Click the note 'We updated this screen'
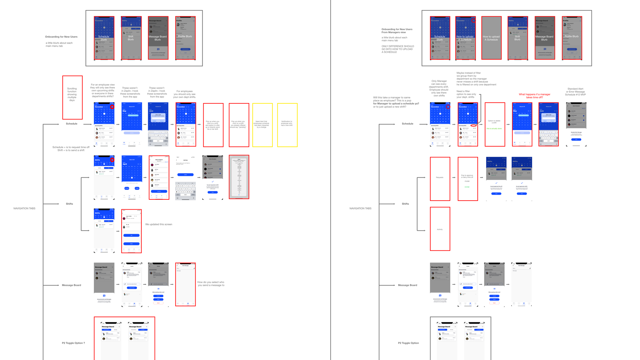click(x=159, y=224)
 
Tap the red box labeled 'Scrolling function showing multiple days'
click(x=72, y=97)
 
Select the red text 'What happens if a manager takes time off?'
click(x=534, y=96)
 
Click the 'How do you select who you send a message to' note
click(x=211, y=284)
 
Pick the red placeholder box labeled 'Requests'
click(x=440, y=179)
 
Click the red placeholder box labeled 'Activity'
click(x=440, y=229)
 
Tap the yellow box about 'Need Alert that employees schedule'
click(x=262, y=125)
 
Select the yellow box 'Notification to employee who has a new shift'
click(x=287, y=125)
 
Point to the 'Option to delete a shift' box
click(x=495, y=125)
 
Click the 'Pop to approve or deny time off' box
click(x=467, y=179)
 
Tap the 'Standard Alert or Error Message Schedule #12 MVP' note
click(x=575, y=92)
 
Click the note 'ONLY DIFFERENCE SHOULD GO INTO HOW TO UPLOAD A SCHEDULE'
click(x=398, y=49)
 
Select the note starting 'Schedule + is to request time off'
click(x=71, y=149)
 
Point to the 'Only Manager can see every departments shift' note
click(x=439, y=88)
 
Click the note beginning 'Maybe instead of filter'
click(x=476, y=79)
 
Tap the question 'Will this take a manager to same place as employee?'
click(x=396, y=102)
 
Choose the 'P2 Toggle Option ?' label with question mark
click(x=73, y=343)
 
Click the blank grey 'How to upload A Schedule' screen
click(x=491, y=38)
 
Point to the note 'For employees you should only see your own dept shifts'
click(x=184, y=94)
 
